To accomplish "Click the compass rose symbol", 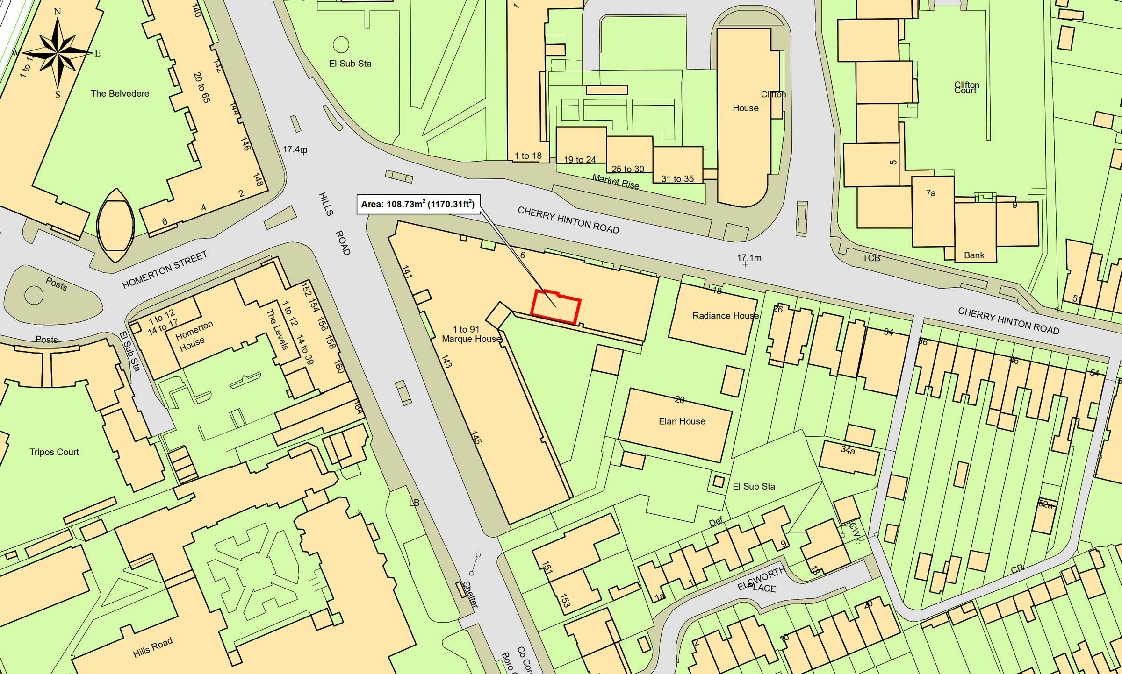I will coord(57,52).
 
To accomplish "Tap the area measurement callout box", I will coord(418,204).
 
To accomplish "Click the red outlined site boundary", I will coord(556,307).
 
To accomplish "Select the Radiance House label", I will coord(725,316).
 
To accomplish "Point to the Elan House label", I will coord(682,421).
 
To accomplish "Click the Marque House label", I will coord(471,339).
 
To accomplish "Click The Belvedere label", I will coord(120,93).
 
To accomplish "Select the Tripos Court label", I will coord(54,452).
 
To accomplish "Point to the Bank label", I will coord(974,255).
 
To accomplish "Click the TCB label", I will coord(871,258).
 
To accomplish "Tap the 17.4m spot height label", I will coord(295,149).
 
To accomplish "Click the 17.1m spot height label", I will coord(749,258).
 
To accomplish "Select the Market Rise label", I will coord(615,181).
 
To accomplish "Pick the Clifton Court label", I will coord(966,87).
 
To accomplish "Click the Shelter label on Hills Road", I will coord(471,594).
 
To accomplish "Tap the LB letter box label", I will coord(414,503).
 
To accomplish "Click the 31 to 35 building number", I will coord(677,179).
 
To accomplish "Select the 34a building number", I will coord(848,450).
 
